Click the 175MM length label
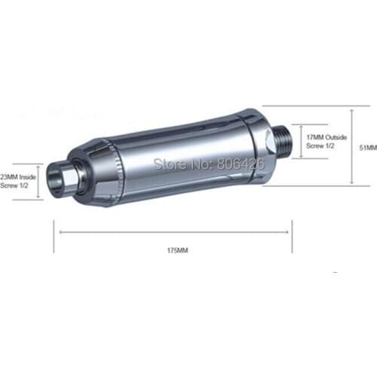click(177, 250)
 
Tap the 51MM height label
click(368, 148)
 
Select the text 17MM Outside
click(326, 137)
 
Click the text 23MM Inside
click(18, 177)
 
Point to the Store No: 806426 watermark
click(209, 164)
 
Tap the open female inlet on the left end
click(56, 179)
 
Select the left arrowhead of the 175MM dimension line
click(60, 232)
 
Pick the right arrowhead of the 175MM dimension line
click(287, 232)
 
